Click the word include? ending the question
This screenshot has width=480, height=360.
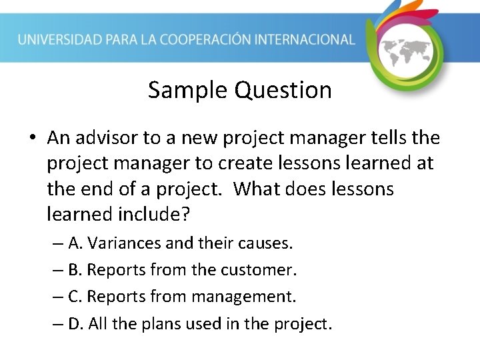156,214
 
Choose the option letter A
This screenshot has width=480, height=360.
74,243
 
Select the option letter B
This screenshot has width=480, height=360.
74,270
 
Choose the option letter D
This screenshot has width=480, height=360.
75,324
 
